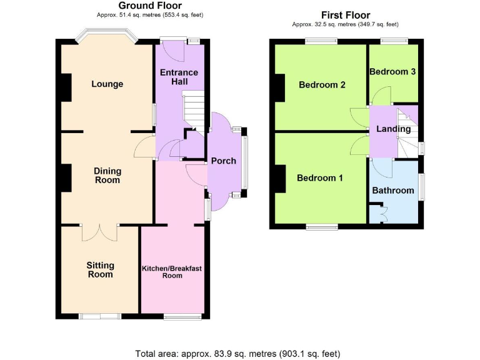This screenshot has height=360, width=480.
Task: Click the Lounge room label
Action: (107, 84)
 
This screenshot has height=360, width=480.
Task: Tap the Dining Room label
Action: (107, 175)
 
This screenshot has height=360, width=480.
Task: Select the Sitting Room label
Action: (100, 270)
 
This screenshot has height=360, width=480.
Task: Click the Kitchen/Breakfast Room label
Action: (172, 272)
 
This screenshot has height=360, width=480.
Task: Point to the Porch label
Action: (224, 161)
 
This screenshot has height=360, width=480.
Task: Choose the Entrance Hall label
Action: (179, 77)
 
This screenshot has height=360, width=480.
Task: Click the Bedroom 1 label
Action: (319, 178)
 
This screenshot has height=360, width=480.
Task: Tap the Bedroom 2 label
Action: (322, 85)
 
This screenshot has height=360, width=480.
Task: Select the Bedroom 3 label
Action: (392, 72)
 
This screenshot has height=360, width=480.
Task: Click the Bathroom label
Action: (393, 191)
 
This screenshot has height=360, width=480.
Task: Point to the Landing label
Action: (393, 129)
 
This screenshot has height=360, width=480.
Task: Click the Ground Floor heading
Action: (150, 6)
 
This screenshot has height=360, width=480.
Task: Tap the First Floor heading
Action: (345, 15)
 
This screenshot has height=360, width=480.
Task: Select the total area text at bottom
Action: (237, 354)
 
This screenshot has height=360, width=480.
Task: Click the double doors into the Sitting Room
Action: (99, 231)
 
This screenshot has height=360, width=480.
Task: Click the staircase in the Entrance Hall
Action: (194, 107)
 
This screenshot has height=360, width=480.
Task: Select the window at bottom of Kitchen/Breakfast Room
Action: (182, 316)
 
